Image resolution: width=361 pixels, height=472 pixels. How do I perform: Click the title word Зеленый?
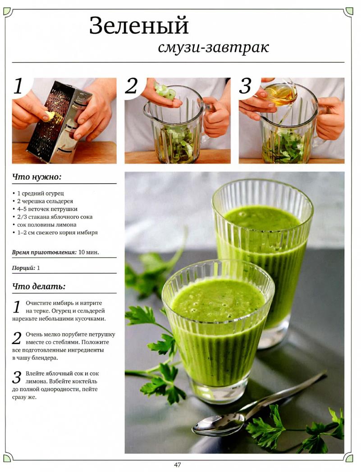pos(139,26)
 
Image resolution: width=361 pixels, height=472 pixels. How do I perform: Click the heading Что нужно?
pos(37,177)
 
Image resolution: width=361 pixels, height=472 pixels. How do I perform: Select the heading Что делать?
pos(39,286)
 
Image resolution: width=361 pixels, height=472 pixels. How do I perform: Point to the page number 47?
pos(178,465)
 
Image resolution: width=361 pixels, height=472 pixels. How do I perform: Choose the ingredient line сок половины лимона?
pos(44,225)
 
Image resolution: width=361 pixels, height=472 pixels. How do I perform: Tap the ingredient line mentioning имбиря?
pos(55,232)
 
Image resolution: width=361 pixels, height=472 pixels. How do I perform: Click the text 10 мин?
pos(89,252)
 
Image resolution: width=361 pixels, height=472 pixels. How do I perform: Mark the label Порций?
pos(23,268)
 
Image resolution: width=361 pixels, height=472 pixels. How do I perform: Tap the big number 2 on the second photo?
pos(132,86)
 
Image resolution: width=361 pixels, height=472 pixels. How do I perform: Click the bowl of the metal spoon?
pos(219,424)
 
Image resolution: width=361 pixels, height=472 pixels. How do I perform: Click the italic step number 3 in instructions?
pos(17,377)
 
